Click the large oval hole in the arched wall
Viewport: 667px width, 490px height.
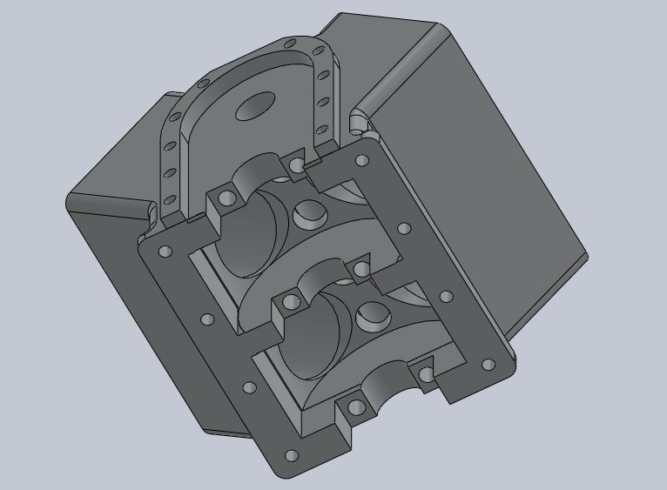pos(255,107)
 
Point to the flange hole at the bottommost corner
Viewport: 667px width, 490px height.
pos(290,455)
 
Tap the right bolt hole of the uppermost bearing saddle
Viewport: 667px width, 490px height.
pos(298,164)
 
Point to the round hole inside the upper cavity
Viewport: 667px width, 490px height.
pos(308,213)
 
